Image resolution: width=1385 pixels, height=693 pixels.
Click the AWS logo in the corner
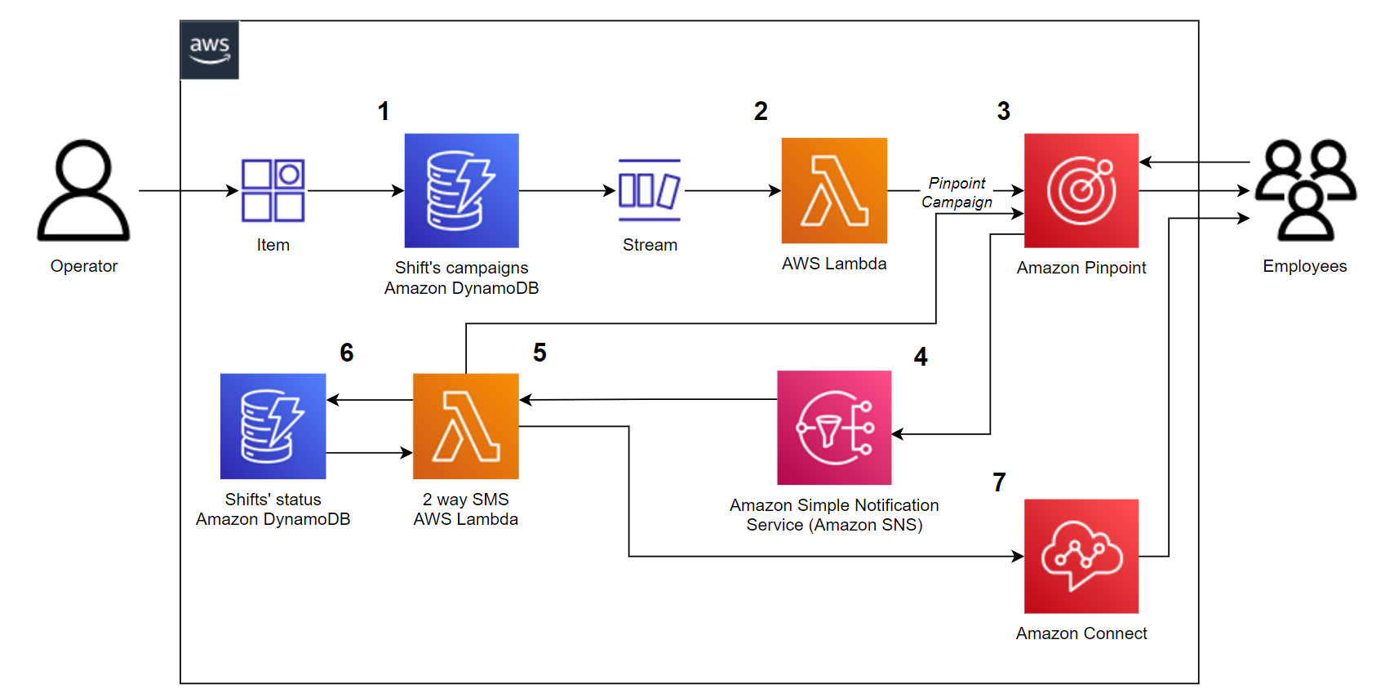pyautogui.click(x=210, y=50)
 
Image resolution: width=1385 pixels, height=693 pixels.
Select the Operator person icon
pyautogui.click(x=83, y=191)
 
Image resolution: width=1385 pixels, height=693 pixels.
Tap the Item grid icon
pyautogui.click(x=273, y=191)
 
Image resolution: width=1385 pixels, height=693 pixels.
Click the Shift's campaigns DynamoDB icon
pyautogui.click(x=461, y=191)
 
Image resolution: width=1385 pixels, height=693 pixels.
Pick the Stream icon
pyautogui.click(x=650, y=191)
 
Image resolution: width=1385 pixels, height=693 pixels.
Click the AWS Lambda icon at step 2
pyautogui.click(x=834, y=191)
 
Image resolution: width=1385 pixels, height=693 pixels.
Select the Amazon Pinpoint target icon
pyautogui.click(x=1081, y=191)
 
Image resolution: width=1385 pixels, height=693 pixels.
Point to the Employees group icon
pyautogui.click(x=1305, y=191)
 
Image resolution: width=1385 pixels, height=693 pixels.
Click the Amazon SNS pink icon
pyautogui.click(x=834, y=428)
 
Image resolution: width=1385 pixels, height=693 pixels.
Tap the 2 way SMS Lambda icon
pyautogui.click(x=465, y=426)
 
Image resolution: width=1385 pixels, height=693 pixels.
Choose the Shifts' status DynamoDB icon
pyautogui.click(x=273, y=426)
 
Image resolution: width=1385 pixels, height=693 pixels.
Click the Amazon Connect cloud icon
pyautogui.click(x=1081, y=556)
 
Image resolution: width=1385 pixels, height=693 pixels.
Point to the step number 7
pyautogui.click(x=999, y=482)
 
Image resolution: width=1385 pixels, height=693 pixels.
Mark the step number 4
pyautogui.click(x=921, y=357)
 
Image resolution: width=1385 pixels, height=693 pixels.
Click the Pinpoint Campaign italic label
pyautogui.click(x=957, y=193)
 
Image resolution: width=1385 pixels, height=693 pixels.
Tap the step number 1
pyautogui.click(x=383, y=111)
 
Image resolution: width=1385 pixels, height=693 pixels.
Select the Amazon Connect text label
pyautogui.click(x=1081, y=633)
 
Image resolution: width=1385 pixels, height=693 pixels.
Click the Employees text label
pyautogui.click(x=1304, y=266)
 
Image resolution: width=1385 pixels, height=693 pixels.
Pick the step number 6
pyautogui.click(x=346, y=353)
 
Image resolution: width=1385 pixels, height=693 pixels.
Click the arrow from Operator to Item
pyautogui.click(x=188, y=191)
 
